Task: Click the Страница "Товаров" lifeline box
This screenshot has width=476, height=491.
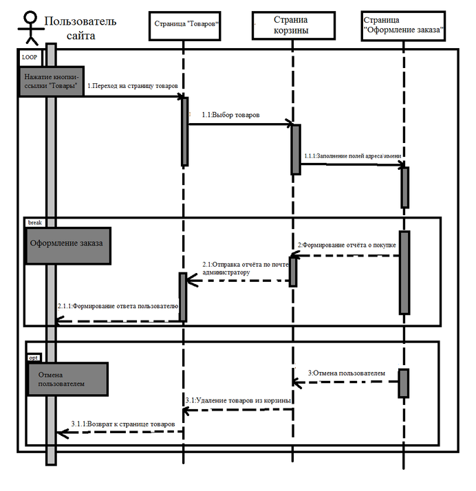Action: point(183,25)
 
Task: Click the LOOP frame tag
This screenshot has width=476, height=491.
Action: point(30,57)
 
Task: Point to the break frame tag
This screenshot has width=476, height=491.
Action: point(34,223)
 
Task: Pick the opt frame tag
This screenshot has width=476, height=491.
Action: point(34,358)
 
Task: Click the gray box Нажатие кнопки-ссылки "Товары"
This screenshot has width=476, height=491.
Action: point(51,80)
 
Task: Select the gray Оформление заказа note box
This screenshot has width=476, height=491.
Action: point(68,246)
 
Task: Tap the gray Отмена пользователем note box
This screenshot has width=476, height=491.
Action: point(67,379)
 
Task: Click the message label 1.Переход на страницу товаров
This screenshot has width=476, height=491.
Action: point(133,86)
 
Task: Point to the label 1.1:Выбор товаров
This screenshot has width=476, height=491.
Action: point(230,115)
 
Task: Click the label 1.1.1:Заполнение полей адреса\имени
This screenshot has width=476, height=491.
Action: point(352,155)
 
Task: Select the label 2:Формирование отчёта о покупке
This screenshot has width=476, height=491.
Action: point(347,245)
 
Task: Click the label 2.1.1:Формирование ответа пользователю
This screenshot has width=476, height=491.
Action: point(118,305)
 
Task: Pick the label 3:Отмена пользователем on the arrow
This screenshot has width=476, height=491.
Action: point(346,373)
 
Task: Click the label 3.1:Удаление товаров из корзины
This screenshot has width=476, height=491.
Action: point(238,400)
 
